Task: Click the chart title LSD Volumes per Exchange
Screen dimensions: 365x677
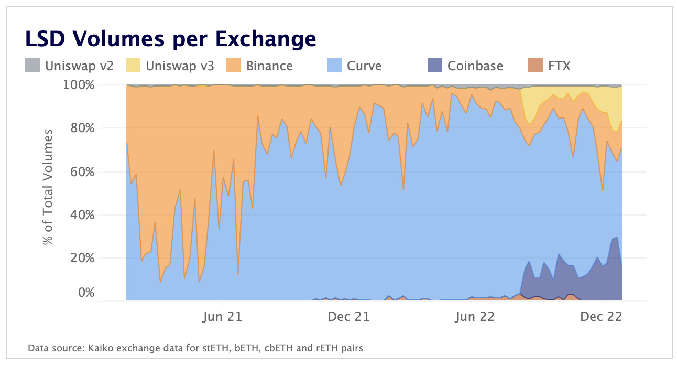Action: click(170, 38)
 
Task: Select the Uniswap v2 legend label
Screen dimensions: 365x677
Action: click(79, 66)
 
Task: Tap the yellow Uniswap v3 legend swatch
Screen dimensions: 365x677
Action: click(134, 66)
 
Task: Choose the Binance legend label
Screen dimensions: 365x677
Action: click(269, 66)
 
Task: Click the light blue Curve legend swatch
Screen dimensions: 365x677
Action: click(335, 66)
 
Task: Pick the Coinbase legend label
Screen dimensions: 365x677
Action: click(475, 66)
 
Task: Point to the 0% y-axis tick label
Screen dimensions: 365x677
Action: click(86, 293)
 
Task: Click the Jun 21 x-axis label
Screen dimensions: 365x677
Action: click(224, 317)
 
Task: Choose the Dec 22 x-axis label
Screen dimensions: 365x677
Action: click(602, 317)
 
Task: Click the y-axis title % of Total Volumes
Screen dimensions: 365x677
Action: click(48, 187)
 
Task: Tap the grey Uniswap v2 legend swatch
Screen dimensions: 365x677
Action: click(32, 66)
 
